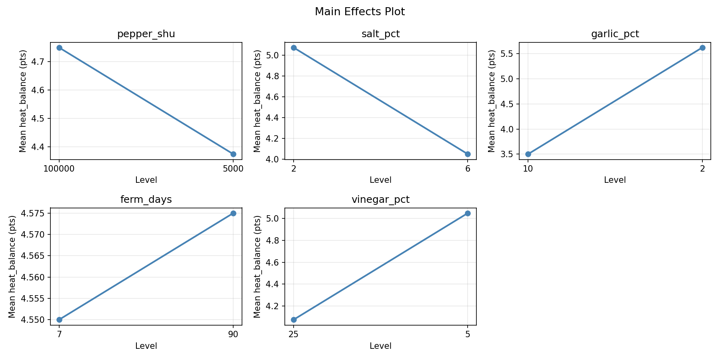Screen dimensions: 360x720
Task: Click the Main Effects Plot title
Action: pos(360,12)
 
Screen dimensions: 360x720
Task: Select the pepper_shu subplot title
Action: pos(146,34)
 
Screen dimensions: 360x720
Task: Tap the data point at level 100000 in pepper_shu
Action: pos(59,48)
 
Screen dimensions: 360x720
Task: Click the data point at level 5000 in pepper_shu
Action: pos(233,154)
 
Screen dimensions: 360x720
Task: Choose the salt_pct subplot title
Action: pos(380,34)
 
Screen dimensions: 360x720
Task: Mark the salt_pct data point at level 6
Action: pos(468,154)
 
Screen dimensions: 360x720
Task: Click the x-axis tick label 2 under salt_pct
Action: pos(294,168)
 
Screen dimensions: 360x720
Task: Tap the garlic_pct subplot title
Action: pos(615,34)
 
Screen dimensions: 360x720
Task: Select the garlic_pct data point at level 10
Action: pos(528,154)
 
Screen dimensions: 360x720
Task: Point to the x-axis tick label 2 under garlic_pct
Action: pos(702,168)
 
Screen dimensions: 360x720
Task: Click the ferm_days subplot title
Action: pos(146,200)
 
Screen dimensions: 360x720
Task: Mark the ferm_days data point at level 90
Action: pos(233,213)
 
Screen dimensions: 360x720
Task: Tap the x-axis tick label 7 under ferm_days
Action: pos(59,334)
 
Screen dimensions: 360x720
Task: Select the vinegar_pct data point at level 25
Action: pos(294,320)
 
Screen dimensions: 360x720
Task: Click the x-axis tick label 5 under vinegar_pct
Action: pos(468,334)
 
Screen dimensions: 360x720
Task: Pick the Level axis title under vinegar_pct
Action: pos(380,346)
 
